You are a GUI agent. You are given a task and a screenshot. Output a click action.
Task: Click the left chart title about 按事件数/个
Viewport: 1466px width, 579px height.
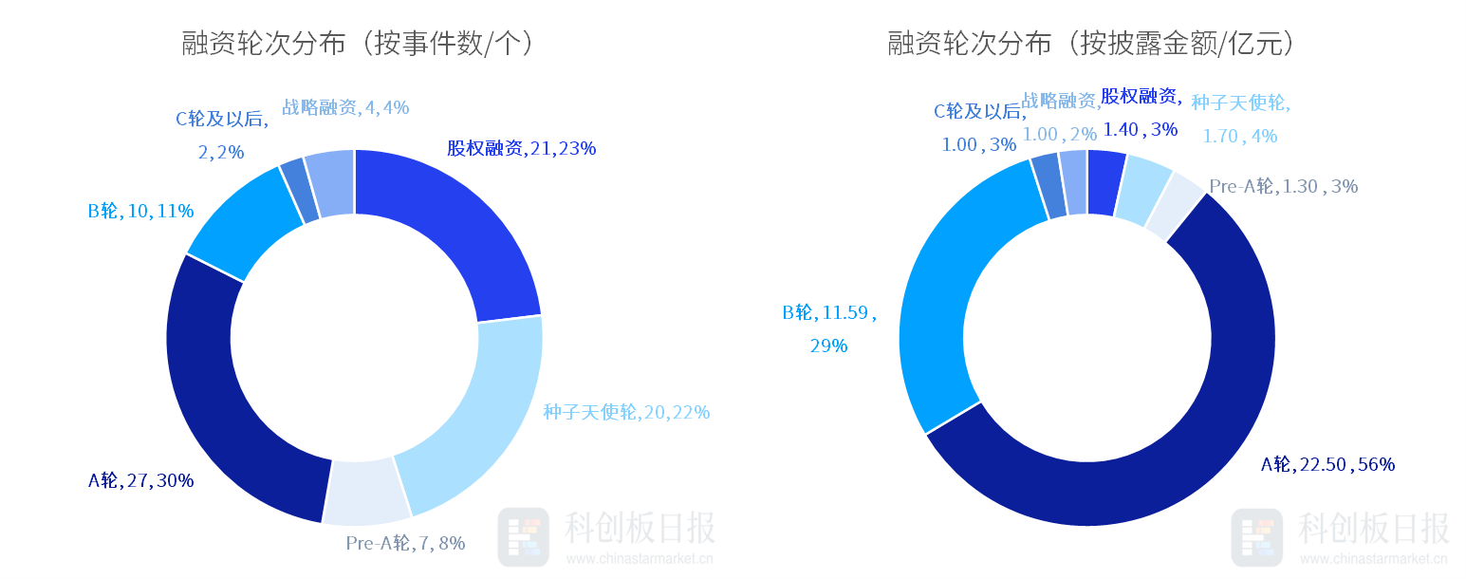358,44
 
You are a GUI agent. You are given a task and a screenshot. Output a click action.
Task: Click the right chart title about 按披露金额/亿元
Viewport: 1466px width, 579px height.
1091,44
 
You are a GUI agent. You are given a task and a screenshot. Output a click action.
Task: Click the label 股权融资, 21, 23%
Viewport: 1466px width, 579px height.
521,148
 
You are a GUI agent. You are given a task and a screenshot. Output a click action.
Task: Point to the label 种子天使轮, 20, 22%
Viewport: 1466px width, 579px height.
626,412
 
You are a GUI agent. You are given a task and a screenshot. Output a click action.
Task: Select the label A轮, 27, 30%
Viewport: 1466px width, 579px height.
140,480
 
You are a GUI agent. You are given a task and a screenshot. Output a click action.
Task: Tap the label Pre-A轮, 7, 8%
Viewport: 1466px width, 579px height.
405,544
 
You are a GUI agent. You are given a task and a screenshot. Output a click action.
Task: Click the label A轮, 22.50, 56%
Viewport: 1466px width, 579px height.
1327,464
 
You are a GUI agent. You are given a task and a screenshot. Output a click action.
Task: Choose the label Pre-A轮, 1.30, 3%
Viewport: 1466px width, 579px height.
1283,187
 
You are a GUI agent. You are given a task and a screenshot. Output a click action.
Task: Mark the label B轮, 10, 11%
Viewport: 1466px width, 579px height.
140,211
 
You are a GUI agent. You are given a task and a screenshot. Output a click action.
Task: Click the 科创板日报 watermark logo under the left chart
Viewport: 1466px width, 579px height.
523,537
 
